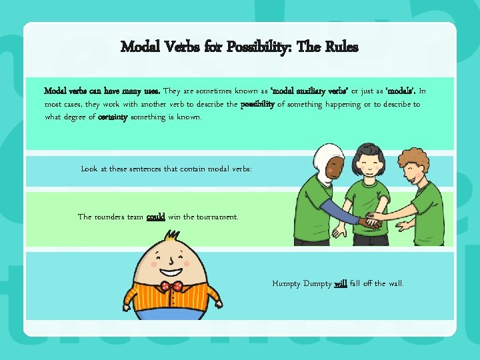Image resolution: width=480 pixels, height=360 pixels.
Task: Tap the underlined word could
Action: point(156,217)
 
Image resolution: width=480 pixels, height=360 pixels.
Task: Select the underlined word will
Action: point(340,284)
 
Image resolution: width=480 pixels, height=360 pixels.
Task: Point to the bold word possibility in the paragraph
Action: point(257,105)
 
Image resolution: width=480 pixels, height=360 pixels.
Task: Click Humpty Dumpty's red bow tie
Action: point(175,287)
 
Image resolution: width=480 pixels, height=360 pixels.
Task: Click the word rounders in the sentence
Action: point(112,217)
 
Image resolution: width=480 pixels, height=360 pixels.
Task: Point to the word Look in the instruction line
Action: point(89,169)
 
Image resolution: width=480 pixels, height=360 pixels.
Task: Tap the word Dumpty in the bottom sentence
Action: point(317,284)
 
